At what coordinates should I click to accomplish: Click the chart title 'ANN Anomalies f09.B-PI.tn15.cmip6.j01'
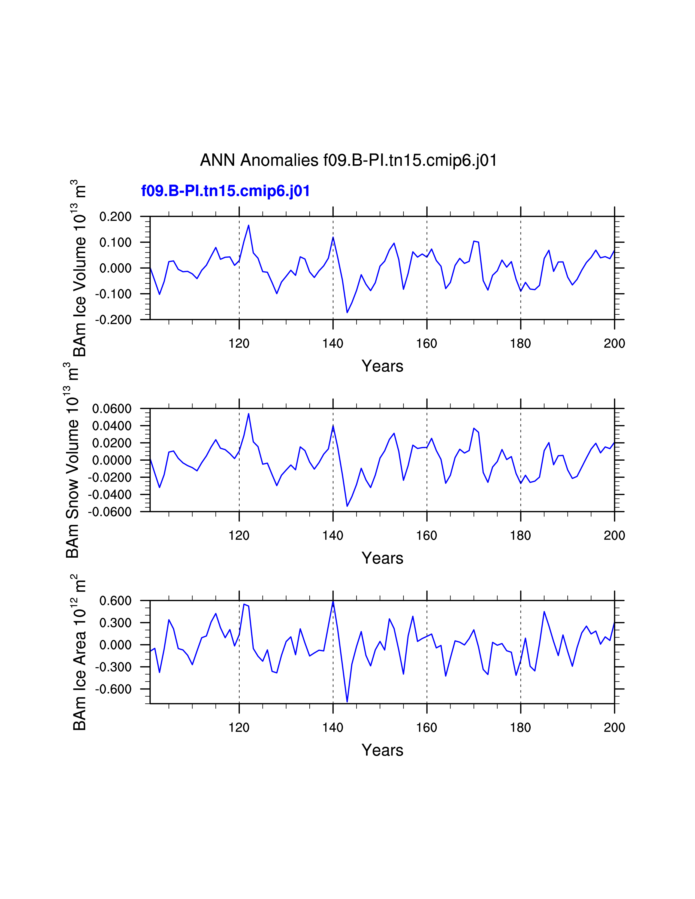click(348, 160)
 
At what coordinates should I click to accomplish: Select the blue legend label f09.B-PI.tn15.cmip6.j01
click(225, 191)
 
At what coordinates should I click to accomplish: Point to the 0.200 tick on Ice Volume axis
click(115, 217)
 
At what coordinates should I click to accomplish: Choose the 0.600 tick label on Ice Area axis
click(115, 601)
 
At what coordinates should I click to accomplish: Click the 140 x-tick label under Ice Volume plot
click(333, 343)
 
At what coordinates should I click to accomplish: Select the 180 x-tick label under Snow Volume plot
click(520, 536)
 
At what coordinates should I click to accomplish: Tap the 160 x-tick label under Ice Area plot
click(427, 727)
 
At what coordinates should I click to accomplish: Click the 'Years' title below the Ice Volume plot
click(382, 366)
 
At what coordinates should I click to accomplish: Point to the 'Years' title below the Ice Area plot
click(382, 750)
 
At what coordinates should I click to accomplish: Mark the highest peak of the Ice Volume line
click(249, 225)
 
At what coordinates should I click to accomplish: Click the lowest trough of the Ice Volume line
click(347, 312)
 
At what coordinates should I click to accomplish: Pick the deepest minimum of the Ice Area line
click(347, 702)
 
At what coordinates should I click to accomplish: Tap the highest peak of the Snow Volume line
click(249, 414)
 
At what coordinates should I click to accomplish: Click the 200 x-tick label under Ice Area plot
click(614, 727)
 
